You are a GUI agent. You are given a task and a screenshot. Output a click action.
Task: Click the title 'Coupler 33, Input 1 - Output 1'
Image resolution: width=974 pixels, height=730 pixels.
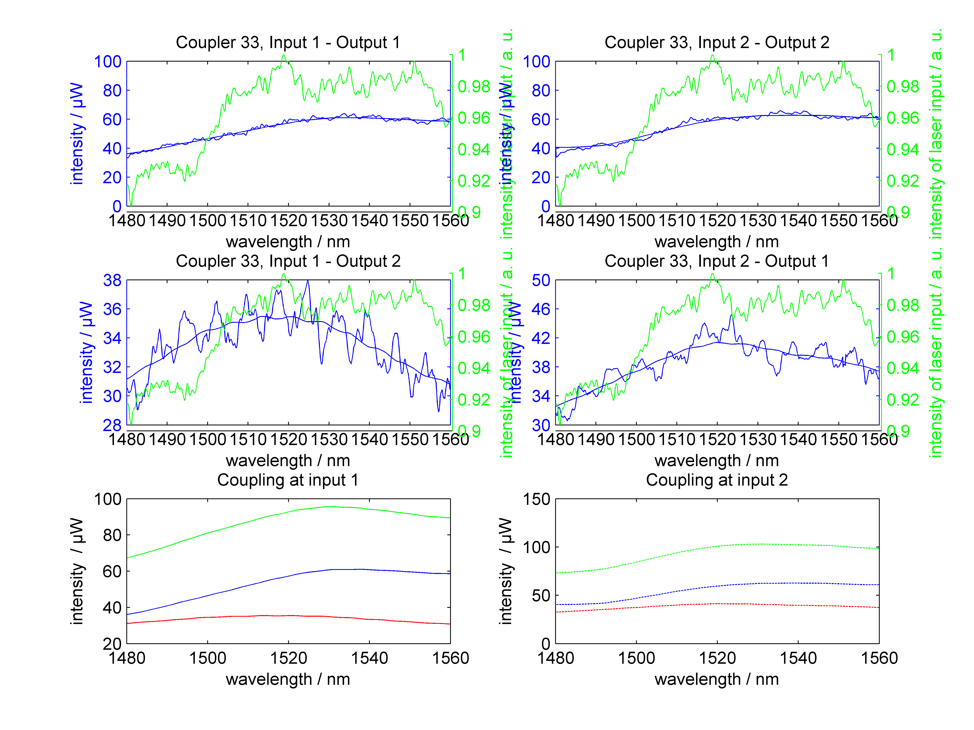pyautogui.click(x=288, y=43)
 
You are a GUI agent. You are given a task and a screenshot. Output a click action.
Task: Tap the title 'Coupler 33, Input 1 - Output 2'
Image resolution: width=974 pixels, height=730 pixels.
pyautogui.click(x=288, y=261)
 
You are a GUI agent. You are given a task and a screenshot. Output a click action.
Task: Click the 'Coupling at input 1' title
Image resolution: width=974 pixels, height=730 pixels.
pyautogui.click(x=288, y=480)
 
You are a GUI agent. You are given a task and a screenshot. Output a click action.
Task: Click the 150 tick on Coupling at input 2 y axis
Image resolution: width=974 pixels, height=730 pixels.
pyautogui.click(x=536, y=499)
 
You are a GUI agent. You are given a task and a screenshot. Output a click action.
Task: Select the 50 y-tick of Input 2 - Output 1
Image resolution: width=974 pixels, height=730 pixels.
pyautogui.click(x=541, y=280)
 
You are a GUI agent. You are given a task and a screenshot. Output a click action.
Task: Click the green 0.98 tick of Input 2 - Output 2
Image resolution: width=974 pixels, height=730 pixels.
pyautogui.click(x=903, y=87)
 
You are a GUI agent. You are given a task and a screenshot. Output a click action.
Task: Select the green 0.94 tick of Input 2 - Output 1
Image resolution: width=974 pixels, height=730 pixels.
pyautogui.click(x=903, y=368)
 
